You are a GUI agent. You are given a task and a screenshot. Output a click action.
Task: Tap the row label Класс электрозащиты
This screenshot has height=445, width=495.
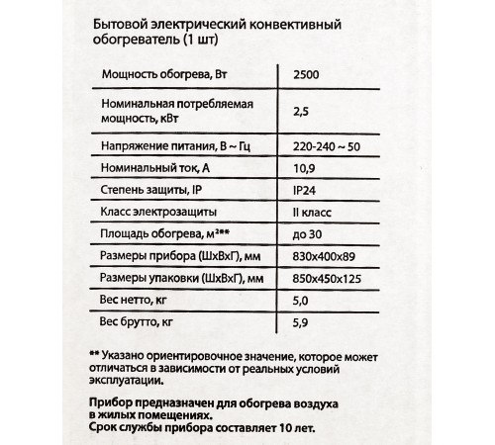[x=154, y=213]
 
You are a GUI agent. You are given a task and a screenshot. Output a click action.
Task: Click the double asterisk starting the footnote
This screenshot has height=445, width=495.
[x=94, y=355]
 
